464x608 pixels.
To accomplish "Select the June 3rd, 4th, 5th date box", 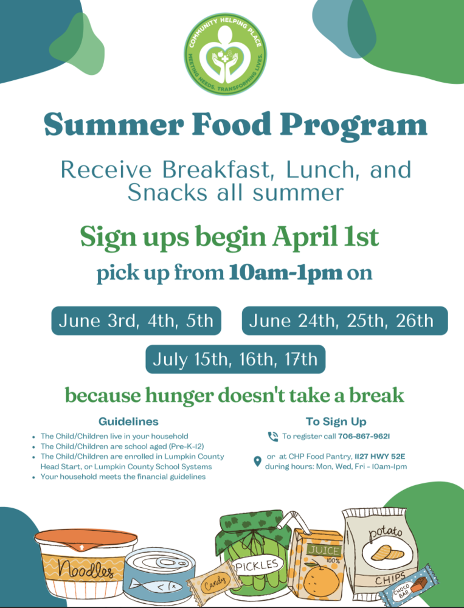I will click(136, 320).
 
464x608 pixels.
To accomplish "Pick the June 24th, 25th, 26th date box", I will click(344, 320).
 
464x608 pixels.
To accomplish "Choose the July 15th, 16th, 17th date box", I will click(235, 359).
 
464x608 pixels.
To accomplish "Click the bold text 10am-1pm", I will click(286, 273).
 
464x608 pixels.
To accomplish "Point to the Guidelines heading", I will click(128, 421).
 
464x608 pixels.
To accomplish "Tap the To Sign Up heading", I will click(336, 421).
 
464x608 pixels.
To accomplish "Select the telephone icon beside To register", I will click(273, 437).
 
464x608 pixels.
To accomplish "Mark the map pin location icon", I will click(257, 461).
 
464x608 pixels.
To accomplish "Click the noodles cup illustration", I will click(85, 562).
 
